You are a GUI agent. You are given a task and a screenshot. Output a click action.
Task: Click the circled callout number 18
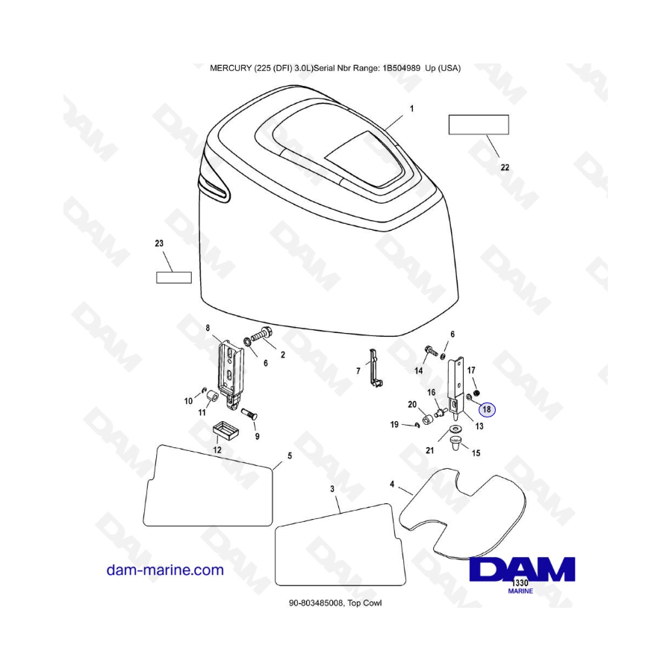pos(487,409)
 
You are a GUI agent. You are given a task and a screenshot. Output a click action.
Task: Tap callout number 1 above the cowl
pos(411,109)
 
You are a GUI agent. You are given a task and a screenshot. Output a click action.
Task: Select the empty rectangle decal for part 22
pos(479,125)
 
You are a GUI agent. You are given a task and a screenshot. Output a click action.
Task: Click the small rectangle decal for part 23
pos(173,278)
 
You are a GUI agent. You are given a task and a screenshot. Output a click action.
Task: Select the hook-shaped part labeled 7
pos(374,370)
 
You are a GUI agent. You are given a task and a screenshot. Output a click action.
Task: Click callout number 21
pos(429,450)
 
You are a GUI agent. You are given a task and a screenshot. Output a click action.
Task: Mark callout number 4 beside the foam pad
pos(392,485)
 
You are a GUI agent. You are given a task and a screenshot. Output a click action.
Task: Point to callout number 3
pos(332,488)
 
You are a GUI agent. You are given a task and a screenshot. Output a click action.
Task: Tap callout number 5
pos(290,455)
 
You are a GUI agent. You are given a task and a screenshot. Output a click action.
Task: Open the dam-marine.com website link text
pos(165,570)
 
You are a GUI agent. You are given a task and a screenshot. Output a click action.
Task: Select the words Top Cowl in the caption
pos(365,603)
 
